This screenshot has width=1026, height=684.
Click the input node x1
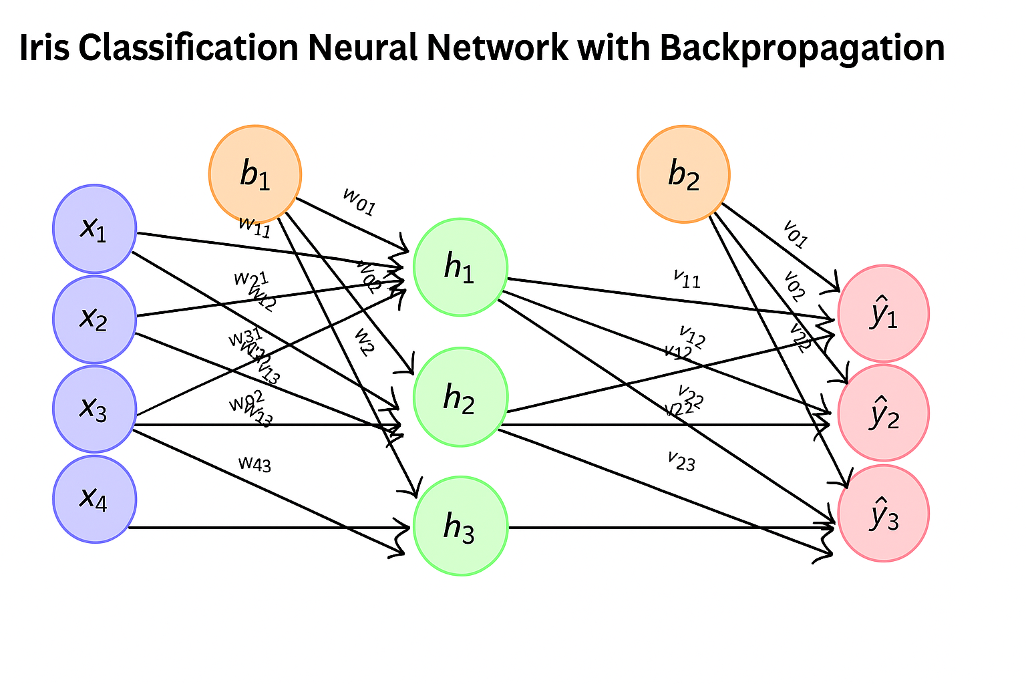95,229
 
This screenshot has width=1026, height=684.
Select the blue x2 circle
95,319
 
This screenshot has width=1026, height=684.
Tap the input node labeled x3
95,408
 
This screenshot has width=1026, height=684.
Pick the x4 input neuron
95,498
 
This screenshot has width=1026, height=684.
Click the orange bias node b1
255,174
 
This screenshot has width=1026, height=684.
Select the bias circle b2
683,174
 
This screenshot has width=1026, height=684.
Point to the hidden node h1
460,267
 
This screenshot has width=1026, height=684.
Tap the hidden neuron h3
460,526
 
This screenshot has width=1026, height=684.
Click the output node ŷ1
883,314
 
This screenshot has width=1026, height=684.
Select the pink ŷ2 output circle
883,413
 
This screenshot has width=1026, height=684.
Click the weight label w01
359,202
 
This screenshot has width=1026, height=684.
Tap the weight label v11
687,279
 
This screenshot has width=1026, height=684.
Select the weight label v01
796,234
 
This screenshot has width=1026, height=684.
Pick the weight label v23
681,461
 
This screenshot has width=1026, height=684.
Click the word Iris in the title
45,48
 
